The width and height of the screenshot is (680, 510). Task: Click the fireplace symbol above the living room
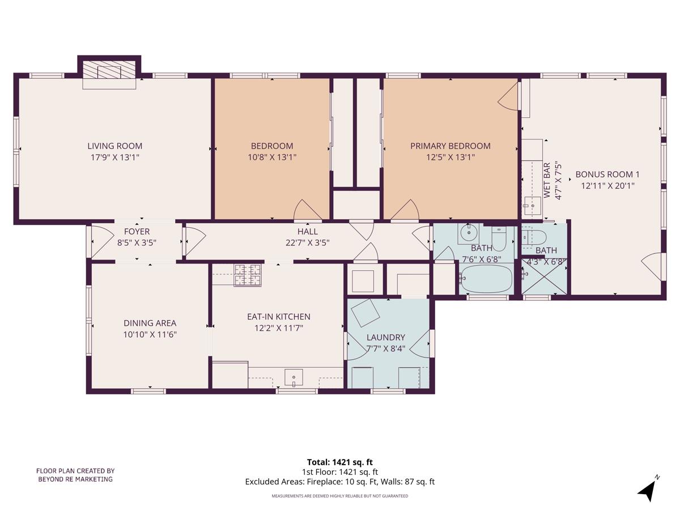(109, 71)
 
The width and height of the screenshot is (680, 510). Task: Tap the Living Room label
(114, 146)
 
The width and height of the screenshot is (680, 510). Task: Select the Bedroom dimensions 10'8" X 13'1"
(272, 158)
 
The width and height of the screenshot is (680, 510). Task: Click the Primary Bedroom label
(450, 146)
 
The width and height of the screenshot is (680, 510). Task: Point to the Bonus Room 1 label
(607, 175)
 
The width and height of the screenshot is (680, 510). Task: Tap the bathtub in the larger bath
(487, 278)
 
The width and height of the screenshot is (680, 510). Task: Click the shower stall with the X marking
(543, 277)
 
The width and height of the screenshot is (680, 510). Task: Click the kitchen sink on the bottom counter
(294, 377)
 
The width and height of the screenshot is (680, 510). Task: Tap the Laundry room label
(386, 337)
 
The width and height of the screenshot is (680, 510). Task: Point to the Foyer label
(137, 231)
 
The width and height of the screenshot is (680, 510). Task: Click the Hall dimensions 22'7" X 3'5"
(307, 243)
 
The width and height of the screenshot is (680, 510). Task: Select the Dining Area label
(150, 323)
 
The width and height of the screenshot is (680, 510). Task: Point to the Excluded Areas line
(339, 482)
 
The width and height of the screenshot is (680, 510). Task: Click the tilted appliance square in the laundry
(366, 312)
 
